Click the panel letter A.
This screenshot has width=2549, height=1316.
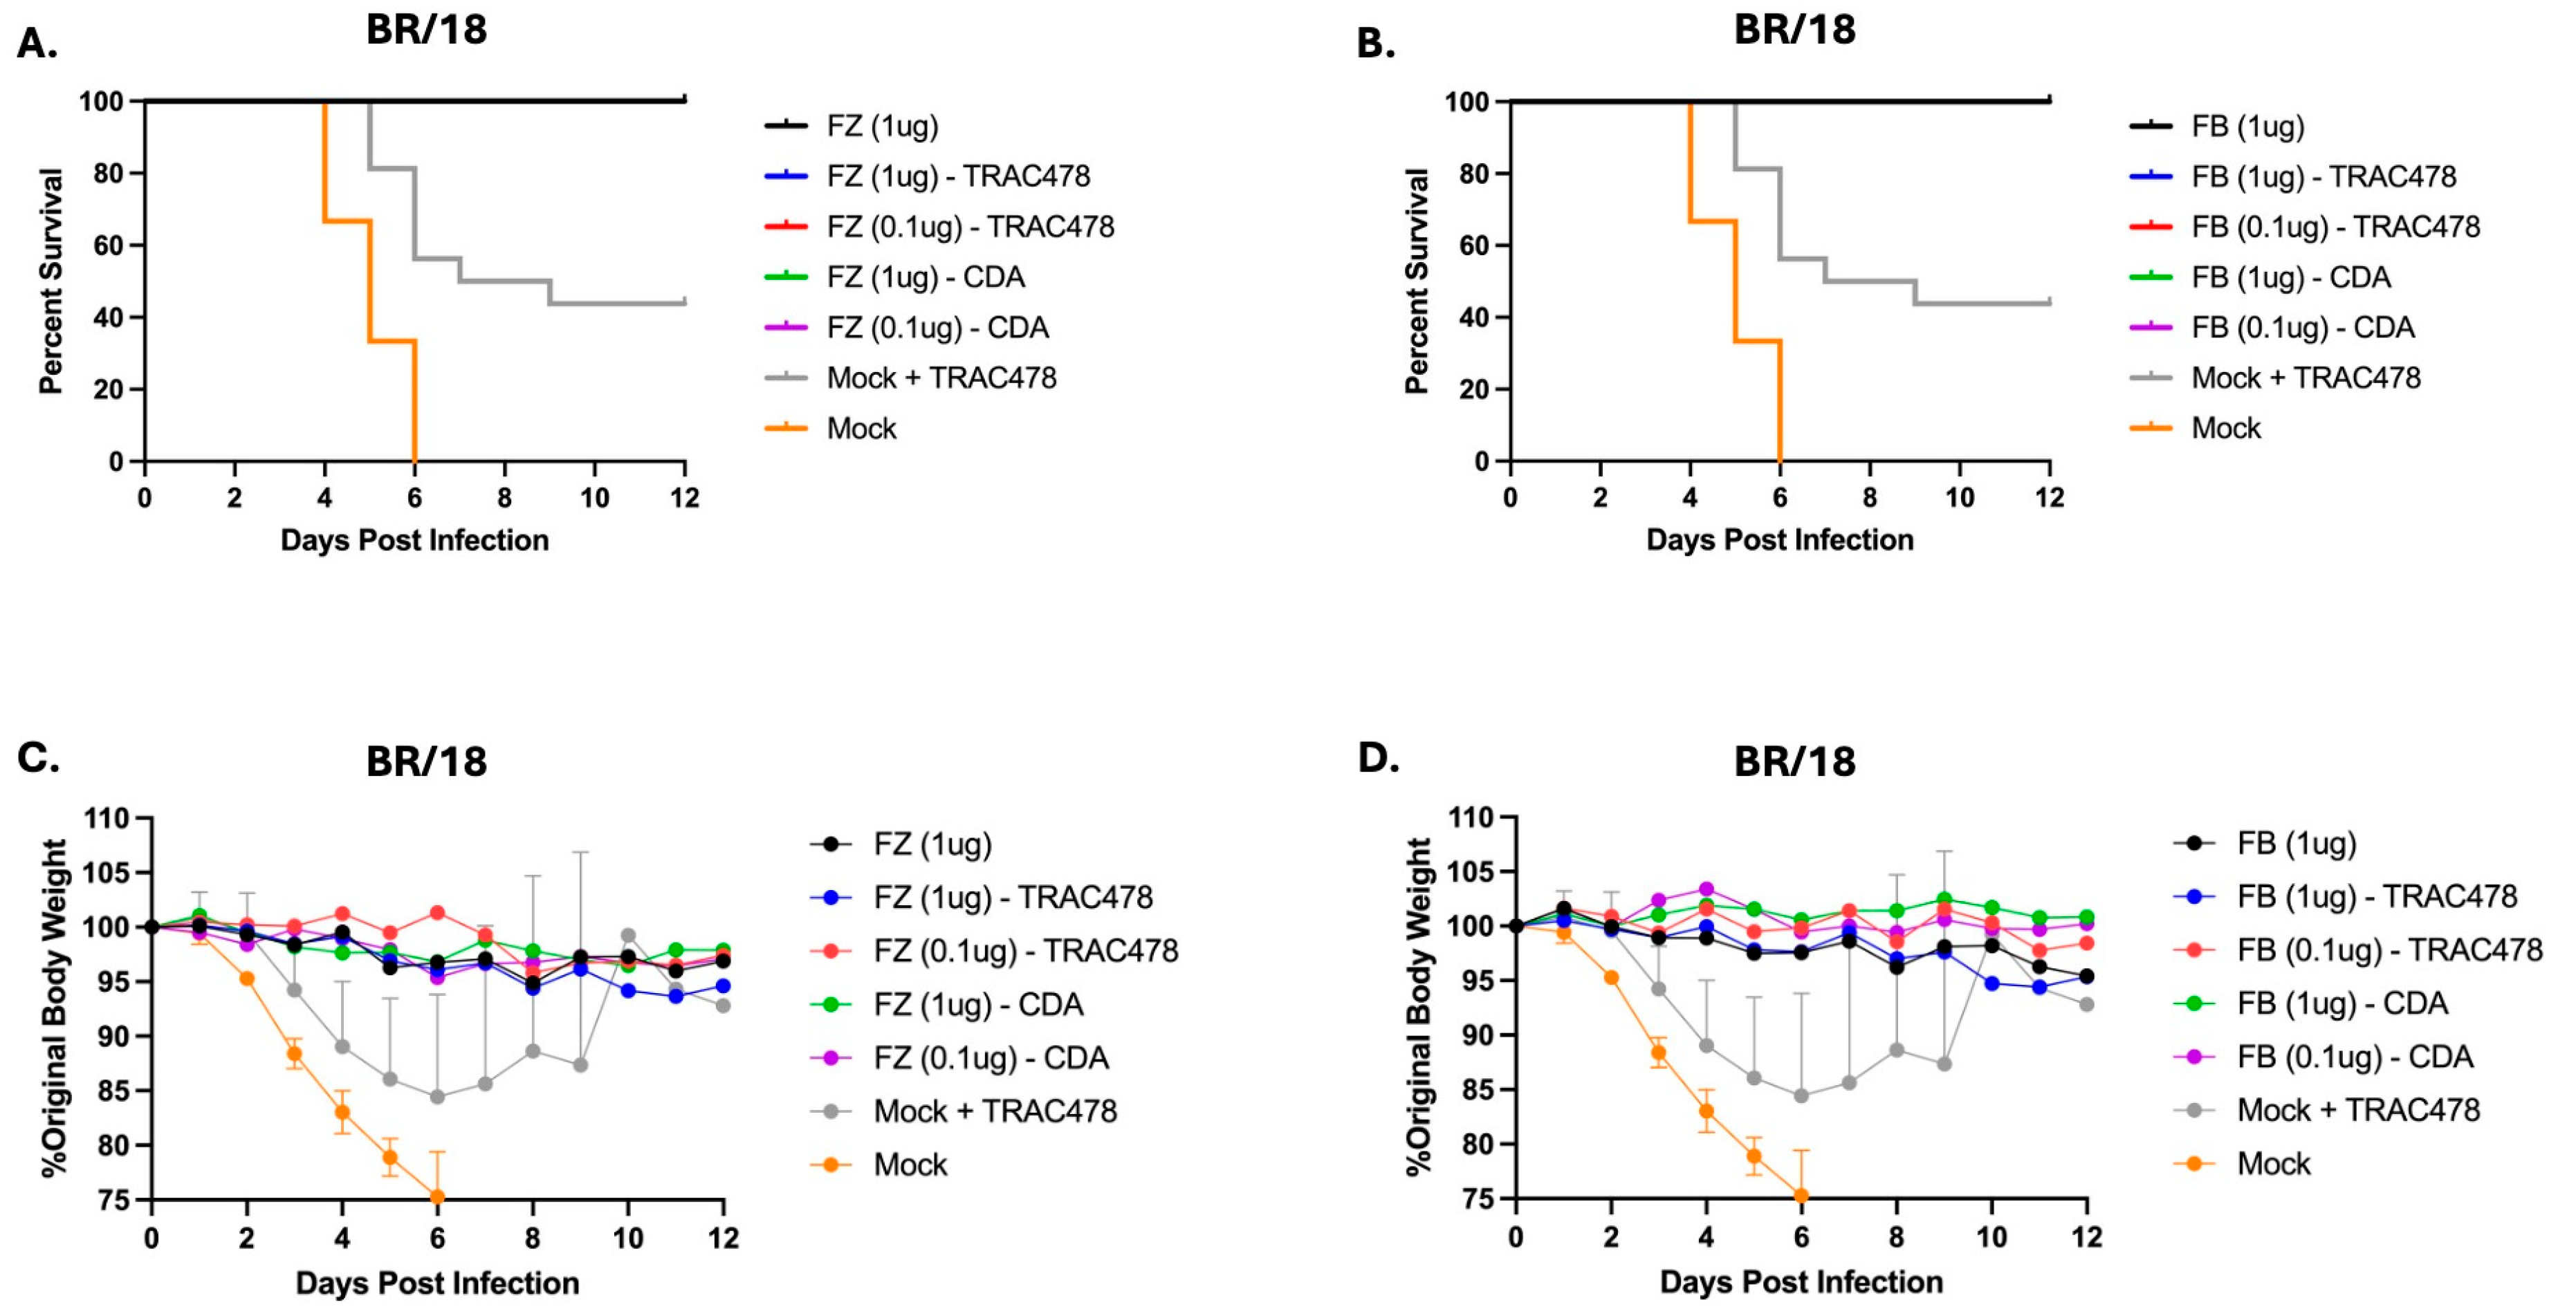[x=37, y=44]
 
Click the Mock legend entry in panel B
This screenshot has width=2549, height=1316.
[x=2225, y=429]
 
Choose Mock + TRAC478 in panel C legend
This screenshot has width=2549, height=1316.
[x=995, y=1111]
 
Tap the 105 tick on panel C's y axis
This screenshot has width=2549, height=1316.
[x=107, y=873]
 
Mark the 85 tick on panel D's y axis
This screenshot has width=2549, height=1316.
[x=1471, y=1089]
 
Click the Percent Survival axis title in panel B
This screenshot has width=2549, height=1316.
[x=1417, y=281]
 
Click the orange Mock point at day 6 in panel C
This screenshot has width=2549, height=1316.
[x=436, y=1197]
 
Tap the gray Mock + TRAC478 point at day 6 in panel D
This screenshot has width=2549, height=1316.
[x=1801, y=1095]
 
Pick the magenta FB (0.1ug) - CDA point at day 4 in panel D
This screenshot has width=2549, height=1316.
[x=1706, y=889]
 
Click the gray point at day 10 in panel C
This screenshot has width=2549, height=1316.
[x=627, y=935]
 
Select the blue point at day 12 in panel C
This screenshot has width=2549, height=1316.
[x=724, y=985]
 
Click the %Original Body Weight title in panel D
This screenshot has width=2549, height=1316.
[x=1419, y=1006]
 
